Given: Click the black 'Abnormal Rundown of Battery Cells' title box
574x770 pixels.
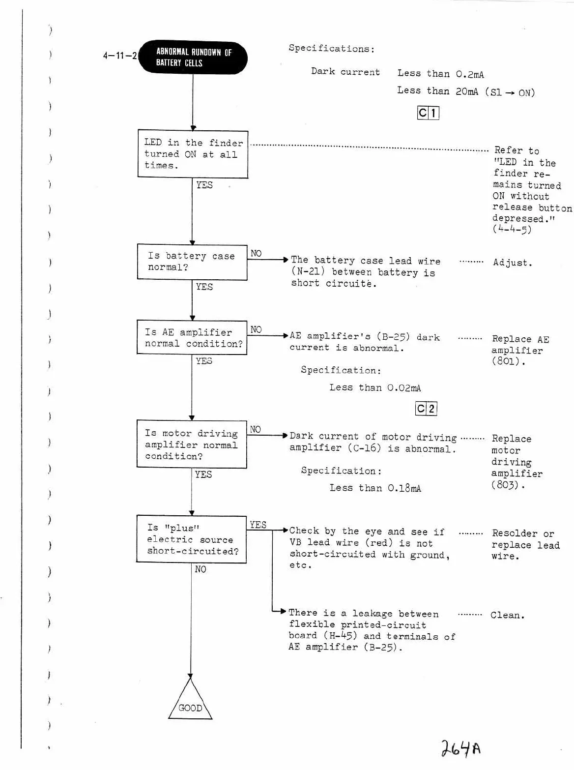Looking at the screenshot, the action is tap(193, 58).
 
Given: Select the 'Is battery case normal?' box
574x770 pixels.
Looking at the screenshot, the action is tap(192, 262).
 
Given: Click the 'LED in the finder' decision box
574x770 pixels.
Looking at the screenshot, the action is tap(193, 154).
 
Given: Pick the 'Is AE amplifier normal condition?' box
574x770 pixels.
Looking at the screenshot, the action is tap(192, 338).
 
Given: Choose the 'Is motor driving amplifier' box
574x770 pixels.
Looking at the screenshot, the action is tap(192, 444).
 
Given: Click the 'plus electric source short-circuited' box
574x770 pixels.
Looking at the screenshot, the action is tap(192, 539).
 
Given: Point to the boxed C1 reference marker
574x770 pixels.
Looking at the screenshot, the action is tap(428, 113).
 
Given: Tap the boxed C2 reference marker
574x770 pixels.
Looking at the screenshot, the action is tap(426, 409).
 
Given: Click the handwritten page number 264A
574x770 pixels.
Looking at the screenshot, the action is tap(460, 748).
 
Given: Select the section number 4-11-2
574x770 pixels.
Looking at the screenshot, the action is tap(119, 56).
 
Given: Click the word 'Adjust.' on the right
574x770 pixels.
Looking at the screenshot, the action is tap(513, 263).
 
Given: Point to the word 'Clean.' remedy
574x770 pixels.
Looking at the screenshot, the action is tap(507, 615).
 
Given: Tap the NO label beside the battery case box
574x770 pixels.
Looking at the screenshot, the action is tap(256, 253).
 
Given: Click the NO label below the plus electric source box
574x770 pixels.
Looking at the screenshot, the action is tap(201, 569).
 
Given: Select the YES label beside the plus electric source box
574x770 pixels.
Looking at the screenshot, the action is tap(258, 525).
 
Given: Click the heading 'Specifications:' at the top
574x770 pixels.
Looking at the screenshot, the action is tap(331, 49).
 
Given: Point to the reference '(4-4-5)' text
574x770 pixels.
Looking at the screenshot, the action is tap(512, 229).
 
